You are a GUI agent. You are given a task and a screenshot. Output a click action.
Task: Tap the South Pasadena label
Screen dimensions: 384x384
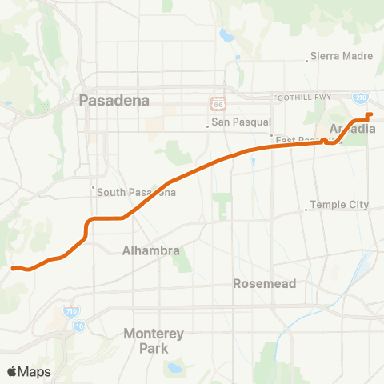[x=136, y=192]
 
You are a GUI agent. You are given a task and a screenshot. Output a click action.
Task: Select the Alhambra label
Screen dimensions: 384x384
[x=151, y=250]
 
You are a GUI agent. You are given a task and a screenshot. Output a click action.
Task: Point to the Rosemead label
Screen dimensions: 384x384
[x=265, y=283]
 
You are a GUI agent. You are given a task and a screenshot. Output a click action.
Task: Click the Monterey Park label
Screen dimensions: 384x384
[x=154, y=340]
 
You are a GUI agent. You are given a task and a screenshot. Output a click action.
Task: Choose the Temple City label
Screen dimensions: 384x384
[x=339, y=205]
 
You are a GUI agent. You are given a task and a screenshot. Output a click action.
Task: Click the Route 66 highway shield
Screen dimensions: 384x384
[x=217, y=103]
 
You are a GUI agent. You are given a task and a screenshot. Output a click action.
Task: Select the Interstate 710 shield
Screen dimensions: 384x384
[x=70, y=312]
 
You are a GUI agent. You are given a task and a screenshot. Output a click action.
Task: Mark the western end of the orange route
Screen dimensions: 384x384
[x=14, y=268]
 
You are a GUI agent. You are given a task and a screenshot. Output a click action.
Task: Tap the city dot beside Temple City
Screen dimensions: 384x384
[x=306, y=210]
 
